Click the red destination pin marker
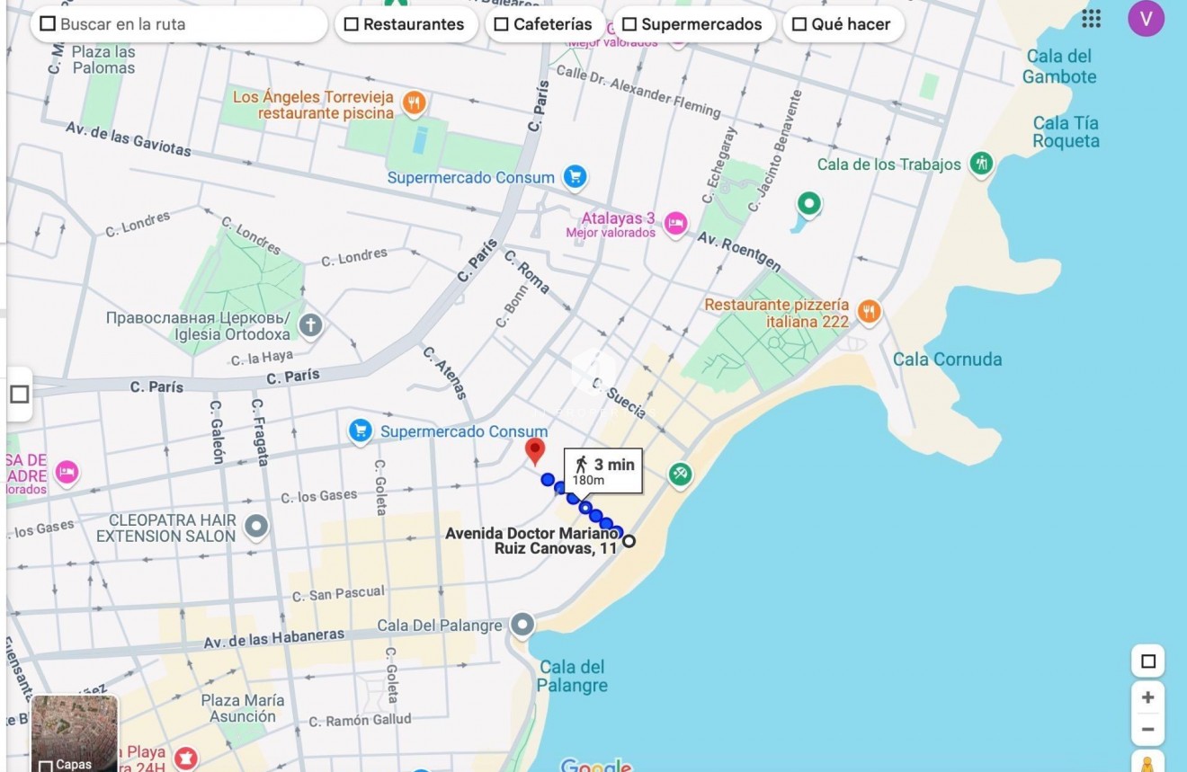point(535,449)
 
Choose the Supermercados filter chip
point(692,24)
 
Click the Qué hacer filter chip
point(841,24)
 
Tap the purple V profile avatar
point(1146,19)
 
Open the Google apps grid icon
point(1091,19)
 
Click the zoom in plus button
point(1147,697)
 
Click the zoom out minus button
point(1147,730)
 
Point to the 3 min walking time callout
point(603,470)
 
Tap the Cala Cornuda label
point(947,359)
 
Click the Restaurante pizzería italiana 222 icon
point(869,312)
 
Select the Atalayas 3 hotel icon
point(675,224)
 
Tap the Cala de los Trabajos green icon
point(982,164)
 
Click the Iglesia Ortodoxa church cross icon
point(310,325)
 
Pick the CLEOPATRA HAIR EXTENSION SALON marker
point(256,527)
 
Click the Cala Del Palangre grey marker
point(522,625)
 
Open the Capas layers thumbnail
point(75,733)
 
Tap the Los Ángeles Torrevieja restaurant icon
point(414,103)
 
